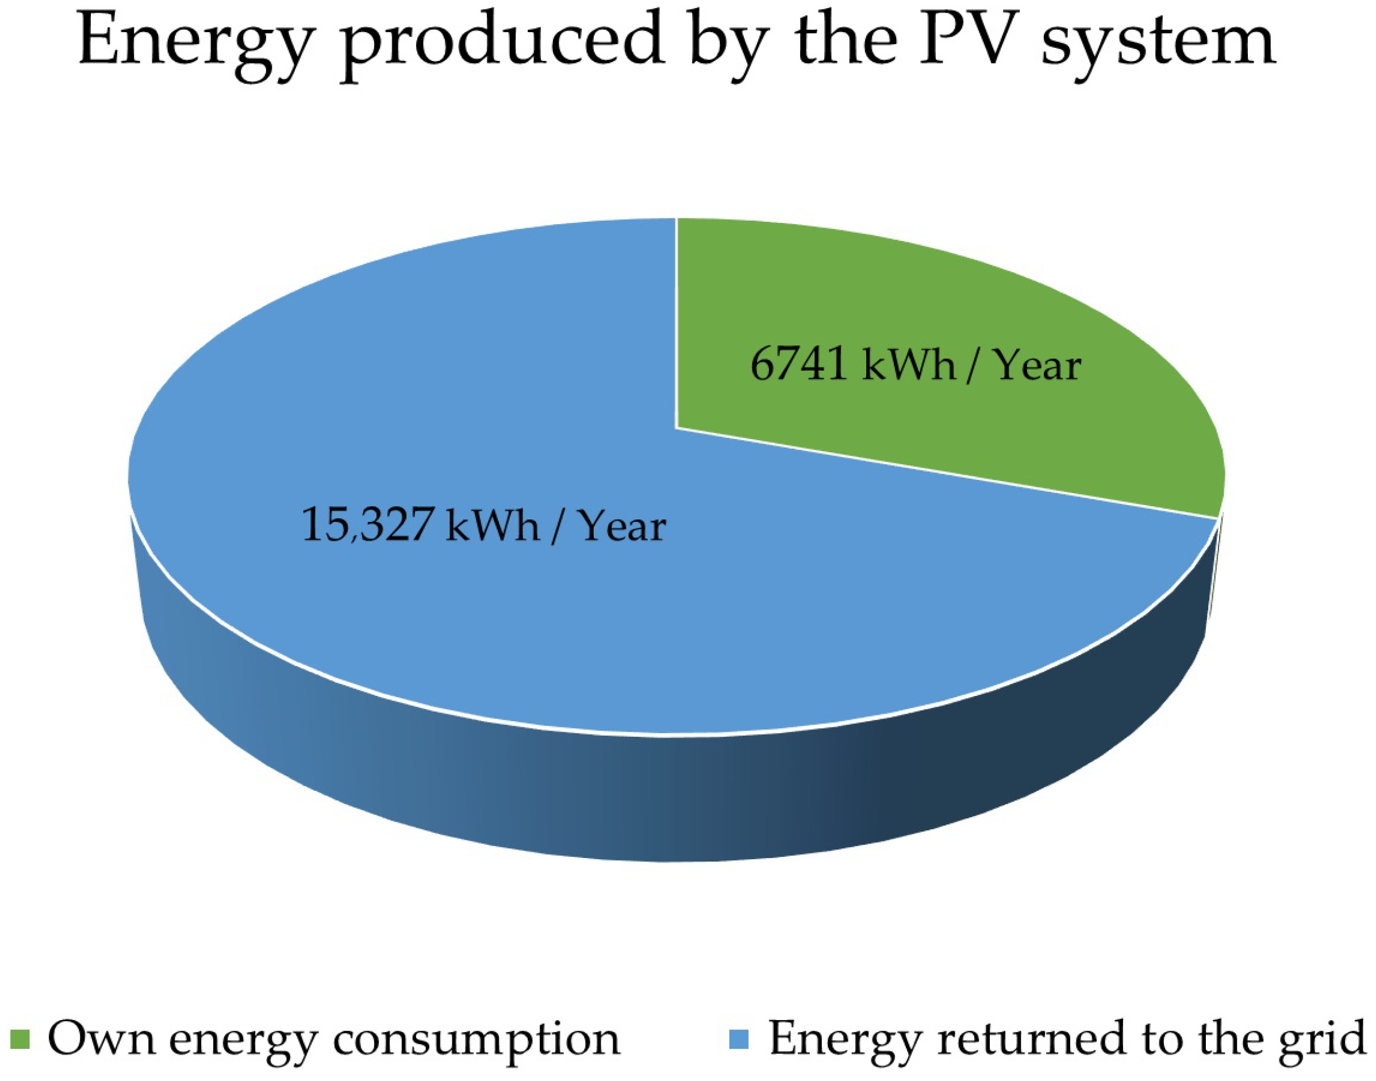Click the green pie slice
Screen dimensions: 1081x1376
tap(950, 304)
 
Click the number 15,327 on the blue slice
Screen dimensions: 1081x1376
tap(368, 525)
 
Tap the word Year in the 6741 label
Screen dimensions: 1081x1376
tap(1039, 366)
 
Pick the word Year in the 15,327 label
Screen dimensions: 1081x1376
tap(624, 525)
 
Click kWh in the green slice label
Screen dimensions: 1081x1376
tap(908, 366)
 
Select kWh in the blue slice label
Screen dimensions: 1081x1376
tap(493, 525)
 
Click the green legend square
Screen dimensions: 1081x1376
tap(21, 1038)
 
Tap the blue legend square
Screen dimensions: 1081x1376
tap(739, 1038)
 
